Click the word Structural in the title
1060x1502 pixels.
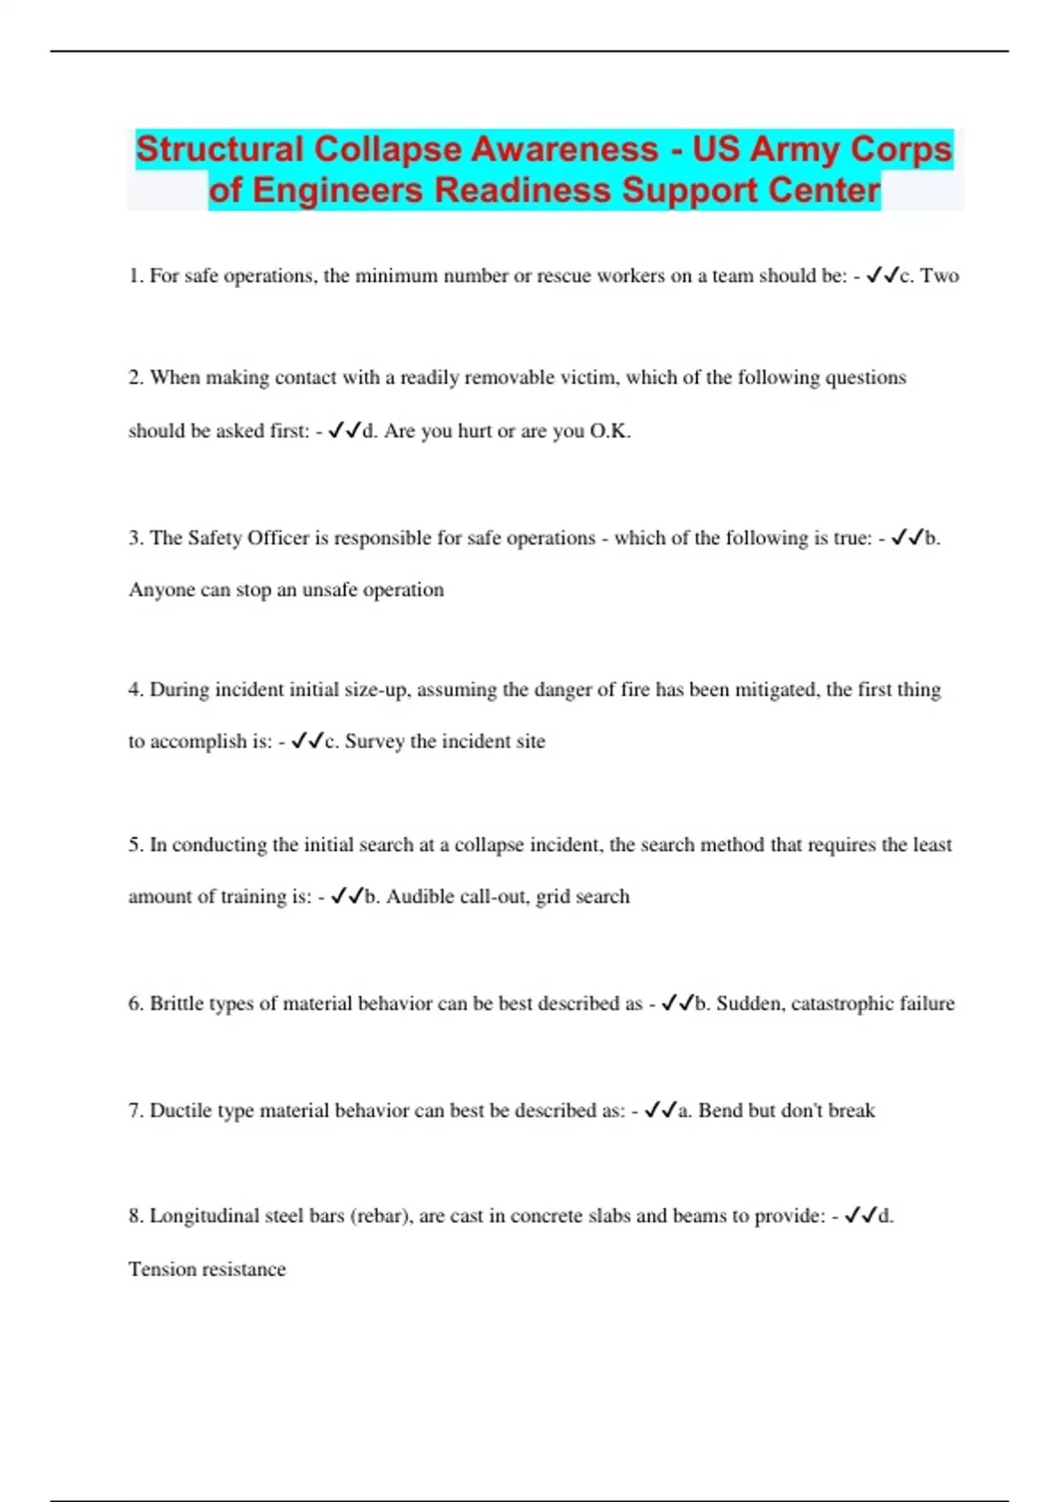[219, 149]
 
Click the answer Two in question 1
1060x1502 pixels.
[940, 276]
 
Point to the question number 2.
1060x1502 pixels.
[135, 378]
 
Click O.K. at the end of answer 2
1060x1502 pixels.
[609, 431]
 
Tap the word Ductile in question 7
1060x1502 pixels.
[180, 1111]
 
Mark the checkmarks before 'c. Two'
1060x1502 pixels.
[882, 276]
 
